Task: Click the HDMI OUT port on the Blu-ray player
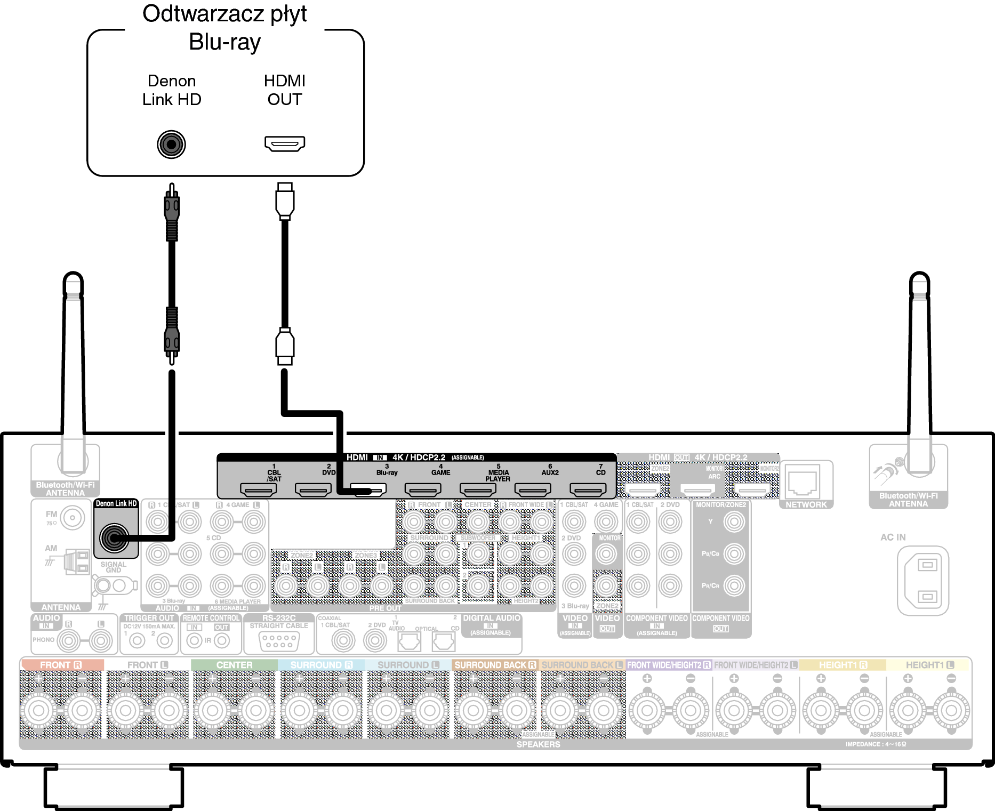tap(285, 143)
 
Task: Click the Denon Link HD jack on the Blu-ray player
tap(171, 144)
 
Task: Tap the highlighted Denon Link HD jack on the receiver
tap(115, 537)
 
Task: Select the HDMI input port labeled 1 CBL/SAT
tap(259, 489)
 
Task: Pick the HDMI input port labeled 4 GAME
tap(423, 489)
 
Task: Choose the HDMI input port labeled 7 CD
tap(588, 489)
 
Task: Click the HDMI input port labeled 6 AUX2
tap(533, 489)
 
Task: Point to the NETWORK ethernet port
tap(803, 482)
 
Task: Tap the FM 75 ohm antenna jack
tap(73, 517)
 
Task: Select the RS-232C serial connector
tap(278, 641)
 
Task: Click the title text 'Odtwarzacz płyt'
tap(224, 14)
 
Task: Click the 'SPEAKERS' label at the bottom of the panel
tap(538, 744)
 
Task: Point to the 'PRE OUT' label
tap(385, 608)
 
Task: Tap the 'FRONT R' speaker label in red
tap(61, 665)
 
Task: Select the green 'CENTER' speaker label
tap(234, 665)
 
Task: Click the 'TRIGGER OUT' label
tap(149, 618)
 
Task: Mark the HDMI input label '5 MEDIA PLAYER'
tap(497, 473)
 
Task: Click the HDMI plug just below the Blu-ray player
tap(285, 201)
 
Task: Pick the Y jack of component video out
tap(734, 521)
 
